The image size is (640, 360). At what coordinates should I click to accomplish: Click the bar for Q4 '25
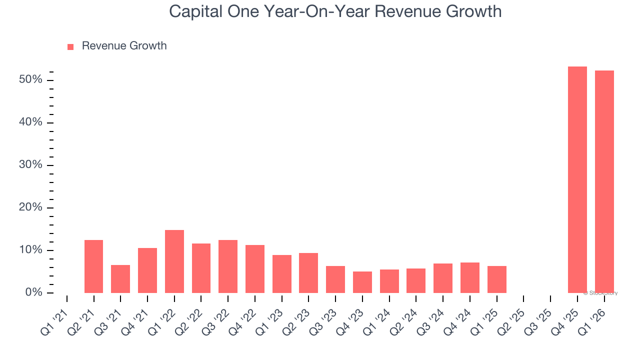(x=577, y=180)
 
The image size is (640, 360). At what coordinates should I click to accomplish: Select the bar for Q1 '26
(x=604, y=182)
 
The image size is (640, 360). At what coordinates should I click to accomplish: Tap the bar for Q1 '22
(x=174, y=261)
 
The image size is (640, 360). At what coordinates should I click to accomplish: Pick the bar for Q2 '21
(x=93, y=266)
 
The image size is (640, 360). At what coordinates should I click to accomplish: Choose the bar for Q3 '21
(x=120, y=279)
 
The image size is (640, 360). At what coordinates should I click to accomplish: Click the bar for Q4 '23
(x=362, y=282)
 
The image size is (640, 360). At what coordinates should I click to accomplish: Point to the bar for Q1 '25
(x=497, y=279)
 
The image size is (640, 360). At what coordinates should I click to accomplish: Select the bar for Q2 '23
(x=308, y=273)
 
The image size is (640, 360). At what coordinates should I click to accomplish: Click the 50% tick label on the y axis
(x=30, y=80)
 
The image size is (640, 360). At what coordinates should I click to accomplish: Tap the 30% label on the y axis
(x=30, y=165)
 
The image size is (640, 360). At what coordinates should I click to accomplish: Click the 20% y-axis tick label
(x=30, y=207)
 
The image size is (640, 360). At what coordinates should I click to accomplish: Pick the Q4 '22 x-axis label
(x=245, y=320)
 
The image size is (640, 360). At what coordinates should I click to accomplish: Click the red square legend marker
(x=70, y=46)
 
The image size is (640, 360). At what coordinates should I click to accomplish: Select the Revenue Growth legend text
(x=124, y=46)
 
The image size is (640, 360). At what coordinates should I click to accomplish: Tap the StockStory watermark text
(x=602, y=293)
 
